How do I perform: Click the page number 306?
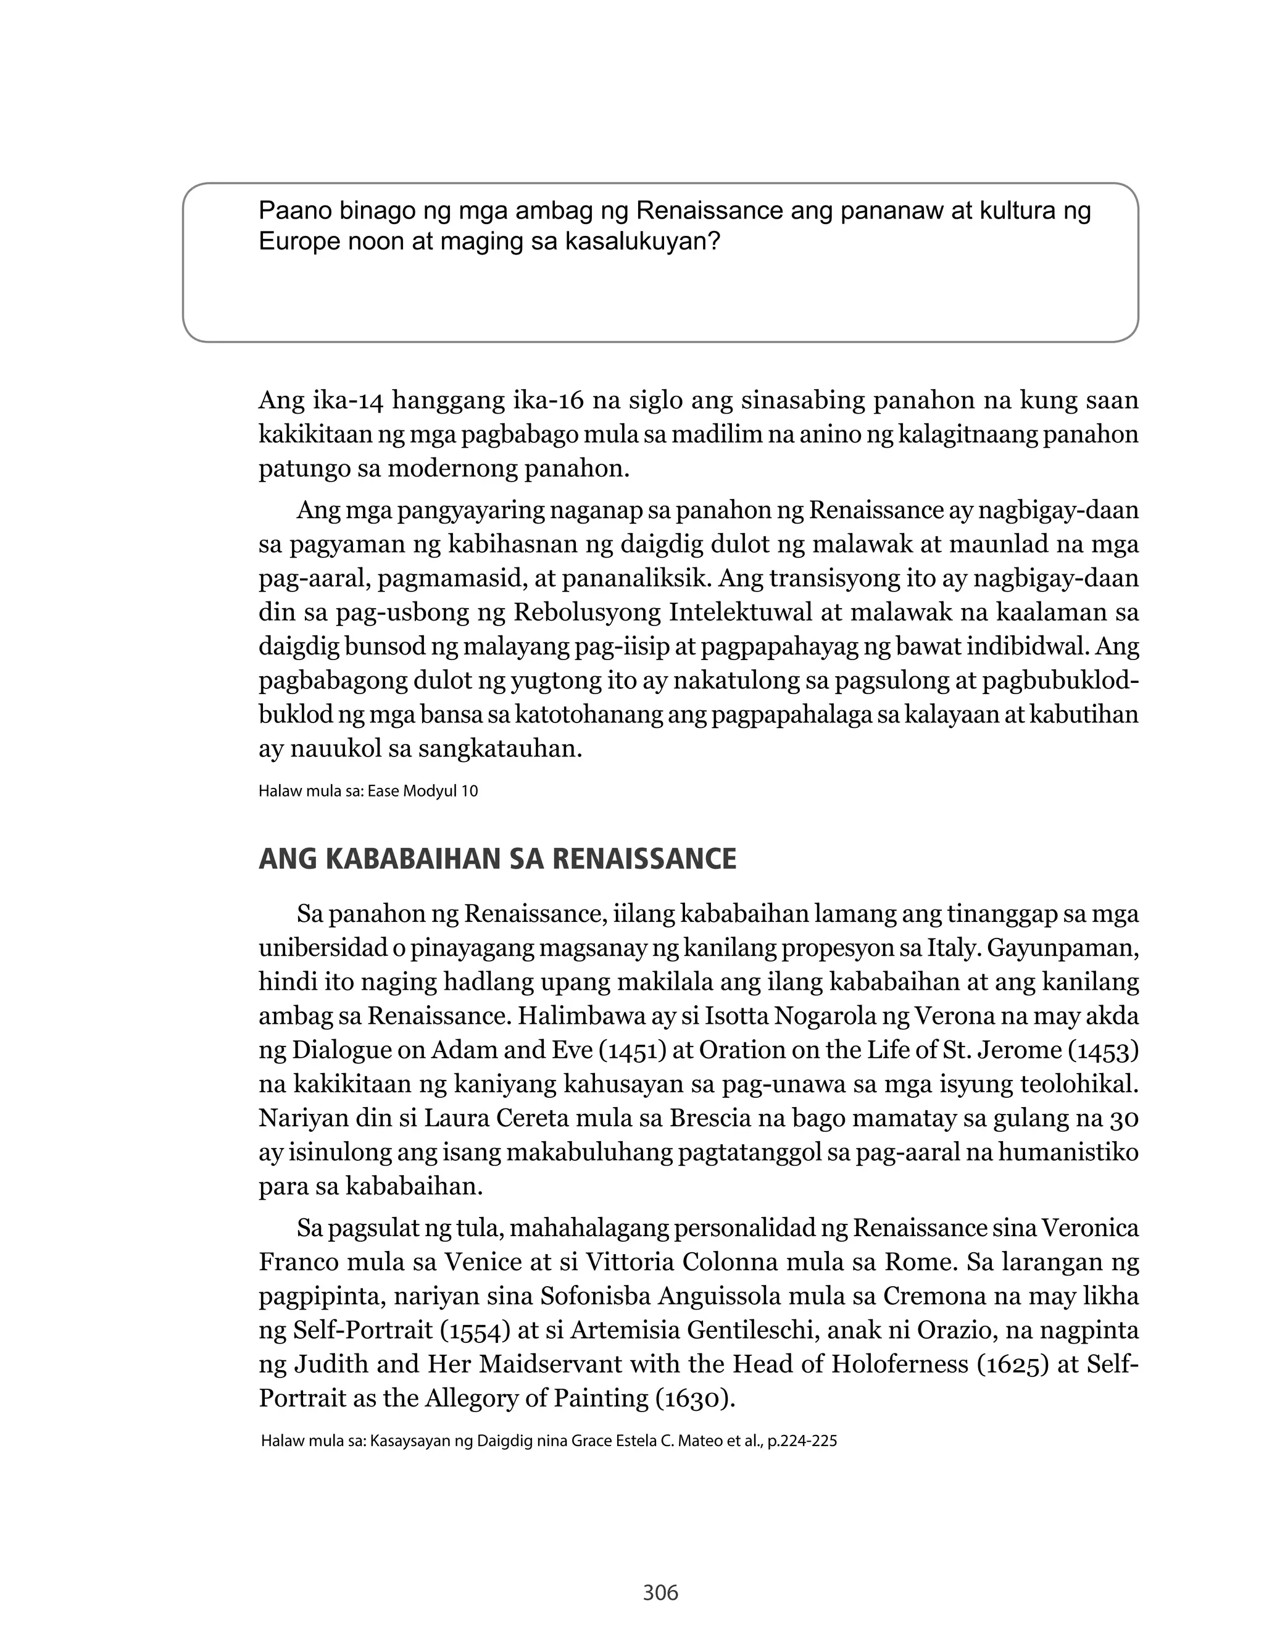(x=660, y=1592)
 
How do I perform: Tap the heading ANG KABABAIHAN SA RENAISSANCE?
(x=497, y=859)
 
